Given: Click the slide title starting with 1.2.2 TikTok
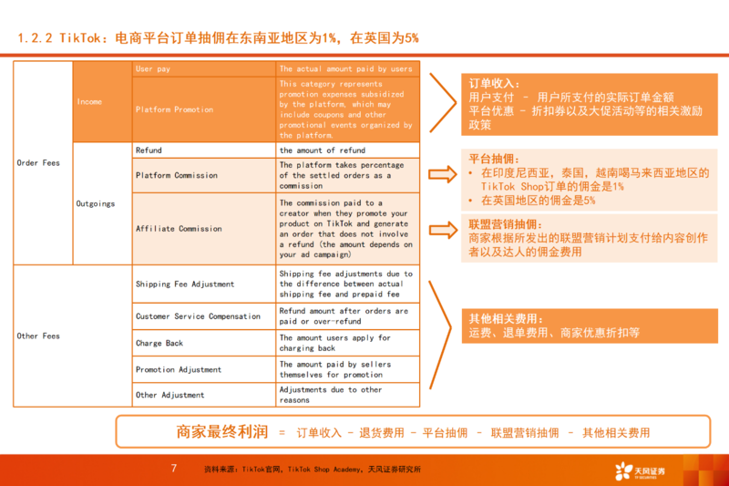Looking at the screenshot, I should point(219,38).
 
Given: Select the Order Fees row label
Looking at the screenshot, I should point(39,163).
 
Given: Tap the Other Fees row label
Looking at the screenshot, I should point(39,336).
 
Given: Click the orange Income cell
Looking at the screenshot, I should point(89,102).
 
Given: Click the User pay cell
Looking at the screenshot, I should point(152,69).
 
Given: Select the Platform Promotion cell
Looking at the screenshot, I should point(174,109).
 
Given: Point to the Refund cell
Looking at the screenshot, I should point(149,150).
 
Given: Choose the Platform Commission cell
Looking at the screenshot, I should point(177,175).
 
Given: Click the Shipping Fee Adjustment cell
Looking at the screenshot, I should point(185,284).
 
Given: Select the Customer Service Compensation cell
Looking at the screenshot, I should point(198,316).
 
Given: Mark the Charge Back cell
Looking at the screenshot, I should point(160,344).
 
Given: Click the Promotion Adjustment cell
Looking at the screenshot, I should point(179,370).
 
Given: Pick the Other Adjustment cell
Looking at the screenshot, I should point(169,395).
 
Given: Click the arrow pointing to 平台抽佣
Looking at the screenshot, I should point(442,174).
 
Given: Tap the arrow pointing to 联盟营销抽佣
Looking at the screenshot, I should point(442,229).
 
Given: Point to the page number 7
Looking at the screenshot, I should point(173,469).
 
